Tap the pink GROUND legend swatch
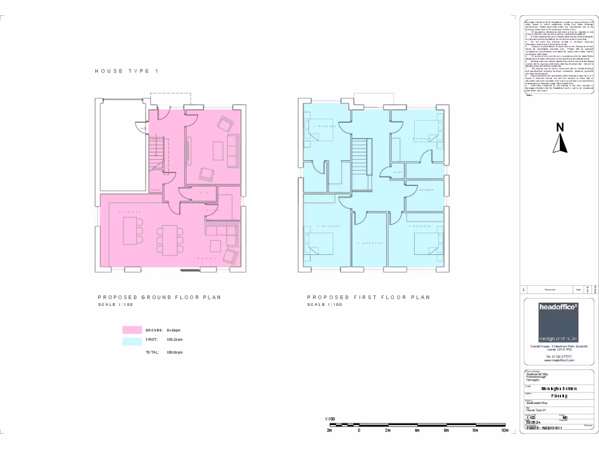pyautogui.click(x=132, y=330)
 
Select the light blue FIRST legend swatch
pyautogui.click(x=132, y=340)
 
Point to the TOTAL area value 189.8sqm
pyautogui.click(x=175, y=353)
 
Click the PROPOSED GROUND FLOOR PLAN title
pyautogui.click(x=159, y=298)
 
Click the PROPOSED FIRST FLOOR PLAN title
pyautogui.click(x=369, y=298)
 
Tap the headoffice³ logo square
pyautogui.click(x=559, y=322)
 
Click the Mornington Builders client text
pyautogui.click(x=559, y=388)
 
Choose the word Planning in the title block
pyautogui.click(x=559, y=396)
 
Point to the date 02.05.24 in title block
pyautogui.click(x=533, y=422)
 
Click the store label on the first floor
pyautogui.click(x=398, y=172)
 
